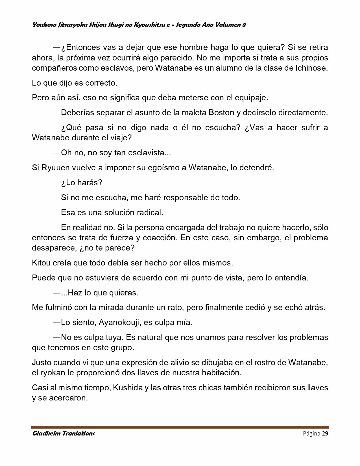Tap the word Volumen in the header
[227, 25]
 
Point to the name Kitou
[41, 263]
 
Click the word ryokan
[52, 373]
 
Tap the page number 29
[325, 434]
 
